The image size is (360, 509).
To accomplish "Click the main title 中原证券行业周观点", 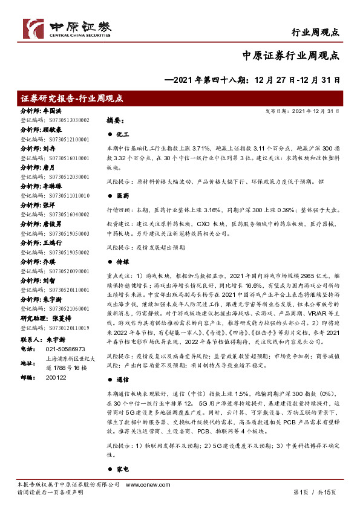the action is click(x=290, y=55).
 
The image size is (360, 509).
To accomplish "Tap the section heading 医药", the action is click(x=122, y=195).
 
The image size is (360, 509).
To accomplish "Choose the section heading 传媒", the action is click(x=122, y=263).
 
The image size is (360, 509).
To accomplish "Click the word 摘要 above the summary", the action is click(x=115, y=120).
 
